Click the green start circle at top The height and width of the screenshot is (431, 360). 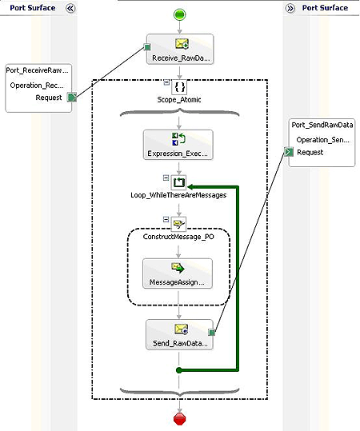coord(179,14)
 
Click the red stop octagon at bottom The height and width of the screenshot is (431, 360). coord(179,418)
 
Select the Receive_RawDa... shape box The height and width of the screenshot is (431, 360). coord(179,50)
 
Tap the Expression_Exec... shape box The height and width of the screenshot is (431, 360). coord(179,146)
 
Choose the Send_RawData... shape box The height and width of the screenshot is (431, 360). coord(179,336)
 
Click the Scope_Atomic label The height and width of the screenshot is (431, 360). coord(179,100)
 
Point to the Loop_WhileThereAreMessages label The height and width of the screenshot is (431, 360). coord(179,194)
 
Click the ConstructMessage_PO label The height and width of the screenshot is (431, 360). coord(179,239)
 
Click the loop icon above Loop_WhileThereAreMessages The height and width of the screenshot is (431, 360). coord(179,182)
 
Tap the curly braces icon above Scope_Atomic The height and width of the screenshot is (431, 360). coord(179,86)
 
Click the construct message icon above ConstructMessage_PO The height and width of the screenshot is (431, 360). coord(179,225)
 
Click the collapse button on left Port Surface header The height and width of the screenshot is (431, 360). coord(70,8)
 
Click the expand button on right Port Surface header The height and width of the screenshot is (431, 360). coord(290,8)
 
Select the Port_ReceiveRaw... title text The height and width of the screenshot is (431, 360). coord(38,71)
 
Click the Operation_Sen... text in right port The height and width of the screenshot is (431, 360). coord(322,139)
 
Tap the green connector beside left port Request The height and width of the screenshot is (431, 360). coord(71,98)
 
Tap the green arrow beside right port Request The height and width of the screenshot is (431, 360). coord(289,152)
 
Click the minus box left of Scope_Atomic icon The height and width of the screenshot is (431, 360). coord(165,82)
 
